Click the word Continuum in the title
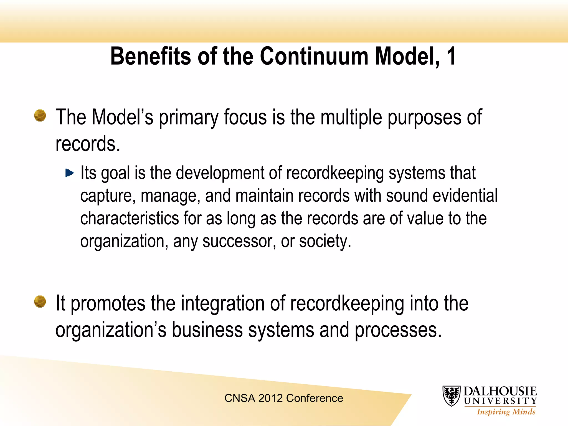[314, 56]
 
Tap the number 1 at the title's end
[451, 56]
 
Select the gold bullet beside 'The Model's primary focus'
[40, 115]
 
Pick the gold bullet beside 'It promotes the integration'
[40, 301]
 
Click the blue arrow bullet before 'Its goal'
[70, 173]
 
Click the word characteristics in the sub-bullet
[130, 218]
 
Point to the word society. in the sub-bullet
[325, 241]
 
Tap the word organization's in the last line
[111, 330]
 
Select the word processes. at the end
[398, 330]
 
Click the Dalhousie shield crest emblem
[452, 396]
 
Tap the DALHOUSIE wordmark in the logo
[500, 391]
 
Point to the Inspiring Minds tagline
[506, 412]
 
